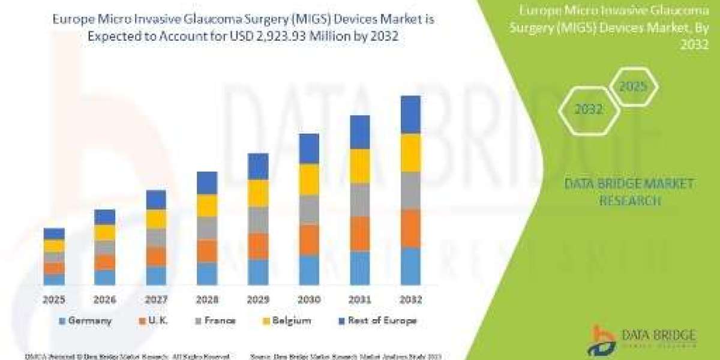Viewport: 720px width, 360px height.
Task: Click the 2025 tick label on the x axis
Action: [54, 299]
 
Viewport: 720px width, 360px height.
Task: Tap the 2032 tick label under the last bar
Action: [410, 299]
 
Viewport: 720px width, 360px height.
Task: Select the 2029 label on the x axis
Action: [258, 299]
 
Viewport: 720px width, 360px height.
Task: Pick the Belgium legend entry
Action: [286, 321]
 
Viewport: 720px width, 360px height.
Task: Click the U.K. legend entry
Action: [155, 321]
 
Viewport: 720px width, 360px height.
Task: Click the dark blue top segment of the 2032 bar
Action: [410, 115]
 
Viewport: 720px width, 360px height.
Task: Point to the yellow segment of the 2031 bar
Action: [360, 166]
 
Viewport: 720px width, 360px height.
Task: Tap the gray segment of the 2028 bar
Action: [207, 228]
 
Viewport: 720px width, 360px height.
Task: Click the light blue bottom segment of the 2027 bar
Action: [156, 275]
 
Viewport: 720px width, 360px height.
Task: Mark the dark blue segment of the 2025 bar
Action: [54, 234]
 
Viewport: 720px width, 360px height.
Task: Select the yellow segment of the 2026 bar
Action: [105, 233]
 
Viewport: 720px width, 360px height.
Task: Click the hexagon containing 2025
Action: [633, 87]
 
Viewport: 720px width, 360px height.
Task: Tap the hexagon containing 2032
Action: [589, 110]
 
